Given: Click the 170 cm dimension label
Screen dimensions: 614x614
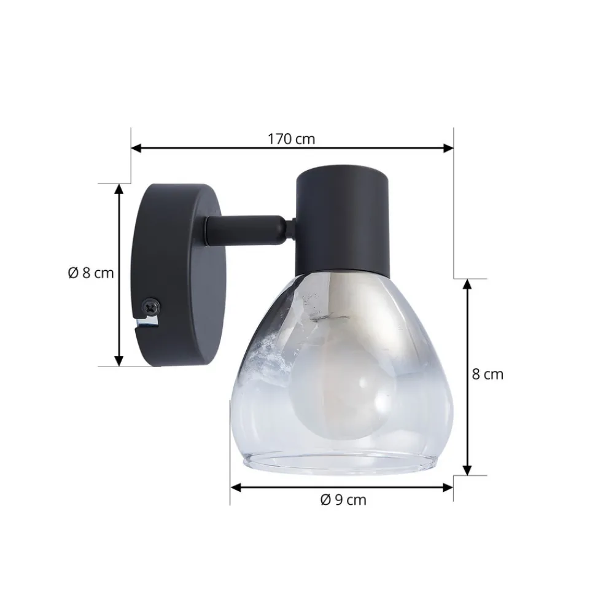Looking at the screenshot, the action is click(x=291, y=139).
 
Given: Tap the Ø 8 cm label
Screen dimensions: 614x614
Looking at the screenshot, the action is click(x=91, y=273).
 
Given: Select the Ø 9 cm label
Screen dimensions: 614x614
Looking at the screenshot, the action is click(x=343, y=500).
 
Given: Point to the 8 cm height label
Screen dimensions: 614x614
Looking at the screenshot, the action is click(x=488, y=375).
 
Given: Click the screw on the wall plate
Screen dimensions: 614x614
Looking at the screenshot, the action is click(x=151, y=306).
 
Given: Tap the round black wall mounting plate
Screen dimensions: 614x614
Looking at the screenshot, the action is click(x=176, y=275).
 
